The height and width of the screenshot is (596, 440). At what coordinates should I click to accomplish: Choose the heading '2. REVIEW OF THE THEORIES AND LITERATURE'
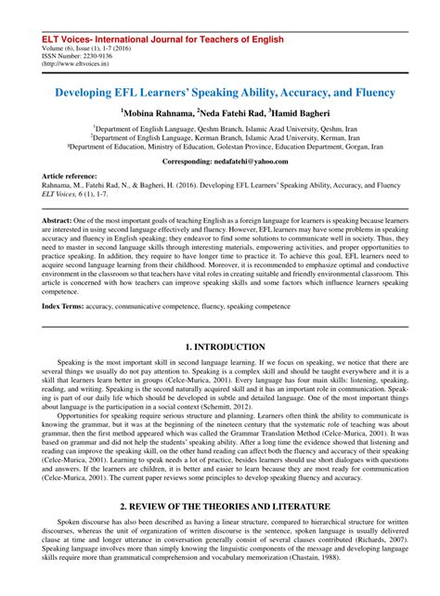pos(219,505)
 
